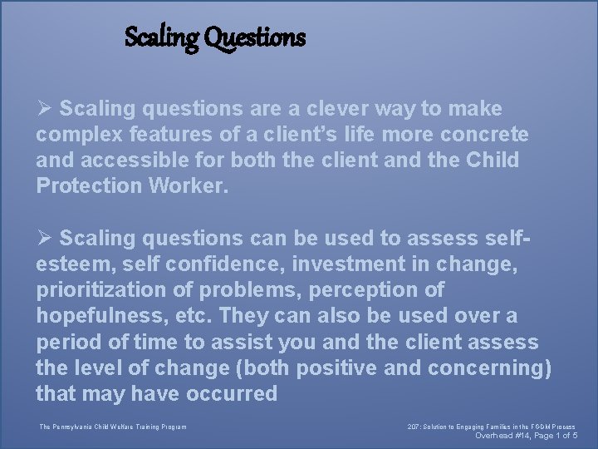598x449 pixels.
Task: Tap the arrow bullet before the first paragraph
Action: click(x=44, y=109)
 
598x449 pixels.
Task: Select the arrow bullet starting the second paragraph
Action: click(x=44, y=239)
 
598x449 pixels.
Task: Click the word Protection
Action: click(x=89, y=185)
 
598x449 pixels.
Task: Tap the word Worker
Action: click(x=188, y=185)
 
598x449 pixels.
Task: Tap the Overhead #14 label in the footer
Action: click(x=499, y=436)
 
